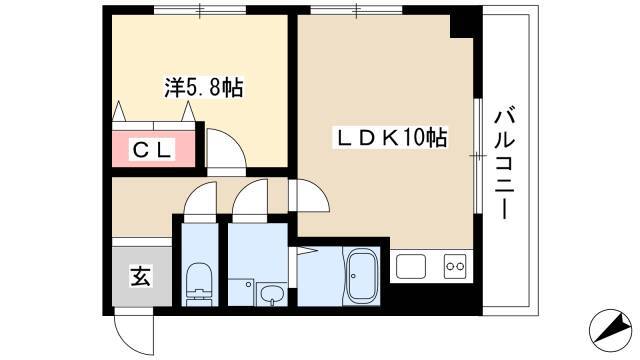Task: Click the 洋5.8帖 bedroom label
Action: pos(204,87)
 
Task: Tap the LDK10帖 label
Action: pos(391,138)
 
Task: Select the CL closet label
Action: pos(152,149)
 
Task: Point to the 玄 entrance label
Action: pos(141,276)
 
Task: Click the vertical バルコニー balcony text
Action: pos(504,163)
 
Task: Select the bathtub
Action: pos(361,276)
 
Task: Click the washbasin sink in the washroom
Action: pos(271,294)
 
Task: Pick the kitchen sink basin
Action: pos(411,267)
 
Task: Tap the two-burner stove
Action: pos(455,266)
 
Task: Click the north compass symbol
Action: pos(611,329)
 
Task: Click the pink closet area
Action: pos(153,149)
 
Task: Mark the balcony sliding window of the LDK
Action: pos(478,156)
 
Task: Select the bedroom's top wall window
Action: pos(200,10)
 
